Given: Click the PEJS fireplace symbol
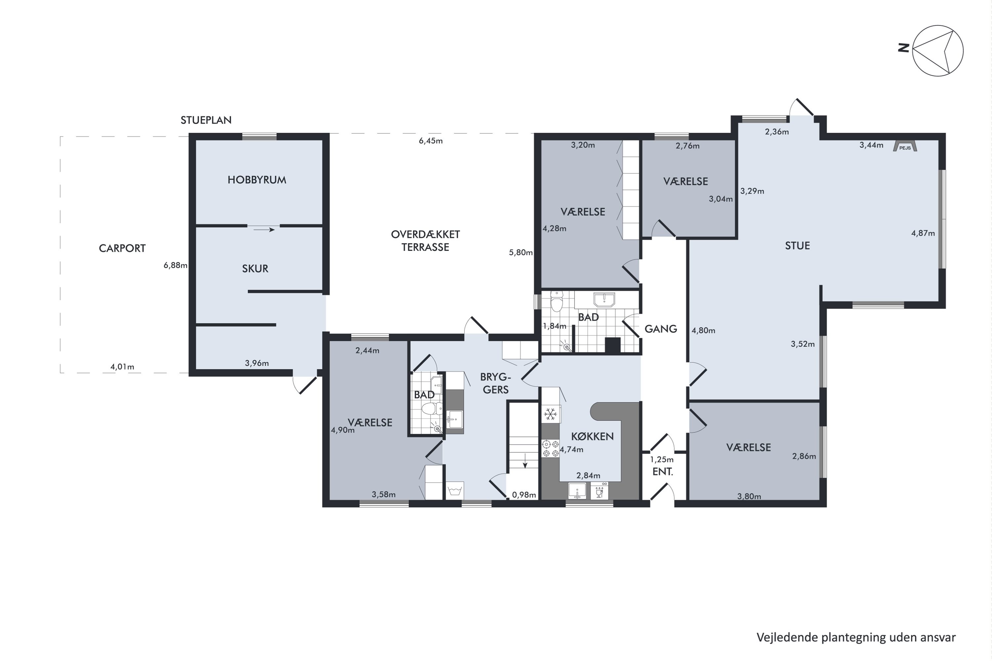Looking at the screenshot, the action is pos(905,146).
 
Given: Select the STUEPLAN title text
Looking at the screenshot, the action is pos(206,120).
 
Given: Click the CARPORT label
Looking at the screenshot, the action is pos(122,248).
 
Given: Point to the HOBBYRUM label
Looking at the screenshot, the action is pos(257,180).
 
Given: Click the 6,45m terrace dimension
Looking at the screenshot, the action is pos(431,141).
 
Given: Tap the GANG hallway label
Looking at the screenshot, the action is pos(660,329).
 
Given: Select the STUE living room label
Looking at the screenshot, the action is pos(797,246).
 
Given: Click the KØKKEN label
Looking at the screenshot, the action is pos(592,436).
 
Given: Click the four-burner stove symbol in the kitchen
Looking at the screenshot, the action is pos(551,448).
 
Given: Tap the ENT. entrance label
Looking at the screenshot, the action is pos(663,472).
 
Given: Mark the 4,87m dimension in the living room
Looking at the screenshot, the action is pos(923,233).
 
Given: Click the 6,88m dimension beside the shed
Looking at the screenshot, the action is pos(176,265).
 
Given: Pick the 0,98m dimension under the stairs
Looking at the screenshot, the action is pos(524,495).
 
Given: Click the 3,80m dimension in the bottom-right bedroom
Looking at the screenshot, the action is pos(749,497).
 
